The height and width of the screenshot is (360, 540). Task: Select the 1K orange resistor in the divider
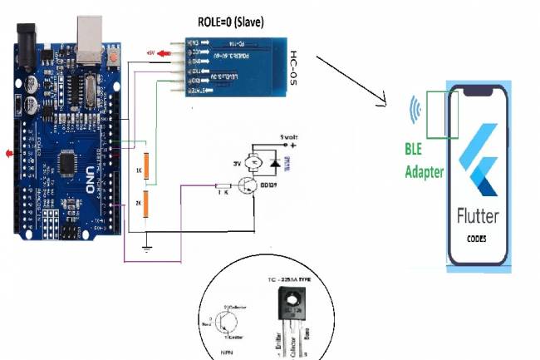[145, 165]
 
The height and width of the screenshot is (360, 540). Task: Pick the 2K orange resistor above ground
[145, 205]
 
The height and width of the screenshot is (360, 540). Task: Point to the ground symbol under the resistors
[145, 247]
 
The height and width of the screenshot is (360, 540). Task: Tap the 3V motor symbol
[258, 158]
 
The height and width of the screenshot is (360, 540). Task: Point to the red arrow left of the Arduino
[10, 154]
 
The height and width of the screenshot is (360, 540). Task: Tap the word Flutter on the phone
[478, 216]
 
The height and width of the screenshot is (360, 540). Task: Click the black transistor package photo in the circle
[290, 303]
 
